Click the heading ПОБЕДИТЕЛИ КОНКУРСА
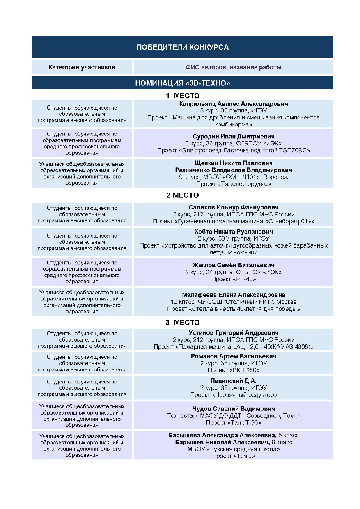[182, 47]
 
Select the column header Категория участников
[82, 67]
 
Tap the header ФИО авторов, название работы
[233, 67]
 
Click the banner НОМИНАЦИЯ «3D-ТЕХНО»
[182, 83]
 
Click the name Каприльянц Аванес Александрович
[233, 104]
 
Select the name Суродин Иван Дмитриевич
[233, 136]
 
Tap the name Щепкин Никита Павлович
[233, 163]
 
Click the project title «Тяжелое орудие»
[233, 184]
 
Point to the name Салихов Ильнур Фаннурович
[233, 207]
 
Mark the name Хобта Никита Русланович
[233, 232]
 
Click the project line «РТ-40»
[233, 279]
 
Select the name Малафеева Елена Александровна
[233, 295]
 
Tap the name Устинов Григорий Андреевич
[233, 332]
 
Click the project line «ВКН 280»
[233, 370]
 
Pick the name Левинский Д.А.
[233, 381]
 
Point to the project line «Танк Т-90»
[233, 423]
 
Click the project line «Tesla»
[233, 456]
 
